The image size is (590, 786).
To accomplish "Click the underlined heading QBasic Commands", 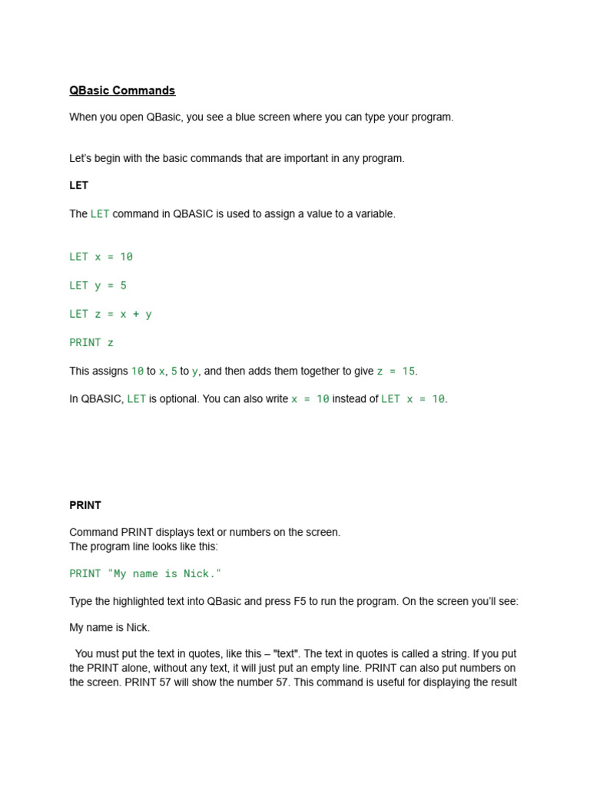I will tap(122, 91).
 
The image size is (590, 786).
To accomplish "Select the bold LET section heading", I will tap(79, 186).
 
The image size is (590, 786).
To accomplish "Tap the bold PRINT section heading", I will tap(85, 505).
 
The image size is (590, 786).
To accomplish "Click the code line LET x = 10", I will tap(101, 256).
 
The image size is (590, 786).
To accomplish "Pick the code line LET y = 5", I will tap(98, 286).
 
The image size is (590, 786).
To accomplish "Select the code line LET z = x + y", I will tap(111, 314).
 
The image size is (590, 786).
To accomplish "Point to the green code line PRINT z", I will tap(91, 342).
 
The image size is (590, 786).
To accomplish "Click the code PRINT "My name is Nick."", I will tap(145, 573).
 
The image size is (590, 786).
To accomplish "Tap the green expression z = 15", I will tap(396, 371).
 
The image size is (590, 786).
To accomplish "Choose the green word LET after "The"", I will tap(100, 214).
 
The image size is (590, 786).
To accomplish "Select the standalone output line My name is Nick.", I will tap(110, 628).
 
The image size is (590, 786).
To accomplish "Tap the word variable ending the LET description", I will tap(374, 214).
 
